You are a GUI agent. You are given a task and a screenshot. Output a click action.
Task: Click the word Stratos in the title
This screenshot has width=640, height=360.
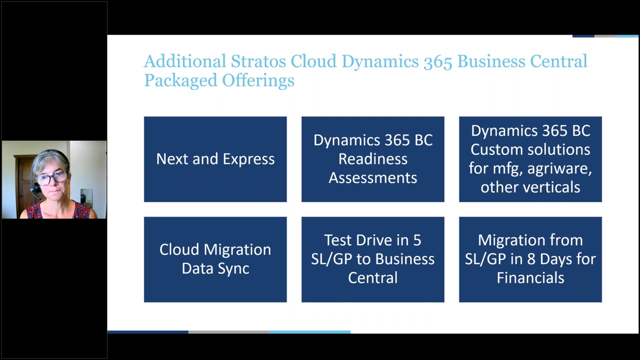[x=258, y=61]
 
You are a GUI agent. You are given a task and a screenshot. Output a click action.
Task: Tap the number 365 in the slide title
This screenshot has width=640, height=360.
[x=438, y=61]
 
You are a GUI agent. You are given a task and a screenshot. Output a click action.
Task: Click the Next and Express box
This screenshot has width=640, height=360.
[x=215, y=159]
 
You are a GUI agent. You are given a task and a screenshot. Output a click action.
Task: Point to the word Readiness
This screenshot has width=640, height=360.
[x=373, y=159]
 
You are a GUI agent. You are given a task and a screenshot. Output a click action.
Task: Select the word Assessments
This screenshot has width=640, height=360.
[x=373, y=177]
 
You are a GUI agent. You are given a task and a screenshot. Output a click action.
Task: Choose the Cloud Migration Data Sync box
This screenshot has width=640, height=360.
[x=215, y=259]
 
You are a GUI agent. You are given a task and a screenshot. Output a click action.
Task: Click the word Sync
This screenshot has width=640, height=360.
[x=235, y=268]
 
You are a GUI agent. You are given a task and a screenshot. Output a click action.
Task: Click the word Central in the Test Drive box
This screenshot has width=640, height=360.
[x=373, y=277]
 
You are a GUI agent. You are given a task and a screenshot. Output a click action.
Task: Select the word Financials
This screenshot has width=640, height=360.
[x=530, y=277]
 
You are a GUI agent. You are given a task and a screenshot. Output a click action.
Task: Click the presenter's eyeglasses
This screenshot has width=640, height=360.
[x=51, y=177]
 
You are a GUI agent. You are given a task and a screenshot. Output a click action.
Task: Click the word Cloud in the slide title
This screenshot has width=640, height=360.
[x=314, y=61]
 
